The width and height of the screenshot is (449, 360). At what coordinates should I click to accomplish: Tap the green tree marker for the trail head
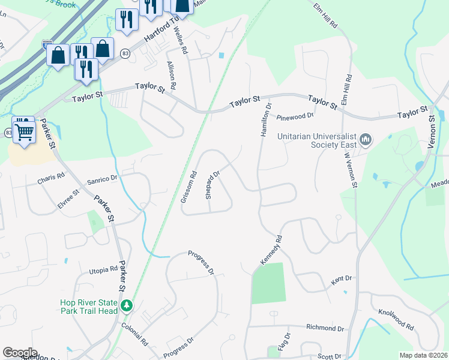[x=127, y=307]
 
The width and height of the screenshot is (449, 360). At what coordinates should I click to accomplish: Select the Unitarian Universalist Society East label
[x=317, y=140]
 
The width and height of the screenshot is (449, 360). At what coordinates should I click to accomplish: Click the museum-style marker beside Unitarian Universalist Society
[x=366, y=142]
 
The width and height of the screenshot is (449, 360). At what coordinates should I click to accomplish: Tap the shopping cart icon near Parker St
[x=24, y=131]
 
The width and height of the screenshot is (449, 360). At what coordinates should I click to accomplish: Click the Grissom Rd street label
[x=188, y=188]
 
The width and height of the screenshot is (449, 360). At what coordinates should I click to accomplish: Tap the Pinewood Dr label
[x=295, y=116]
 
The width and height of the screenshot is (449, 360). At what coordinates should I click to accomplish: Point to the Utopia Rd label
[x=104, y=269]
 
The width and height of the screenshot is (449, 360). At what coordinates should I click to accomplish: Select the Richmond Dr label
[x=325, y=328]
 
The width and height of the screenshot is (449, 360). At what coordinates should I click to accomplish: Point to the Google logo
[x=20, y=353]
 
